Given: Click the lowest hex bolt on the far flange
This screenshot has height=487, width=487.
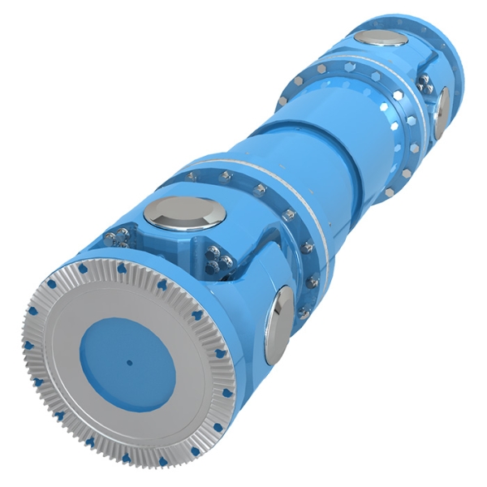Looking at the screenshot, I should click(390, 192).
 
